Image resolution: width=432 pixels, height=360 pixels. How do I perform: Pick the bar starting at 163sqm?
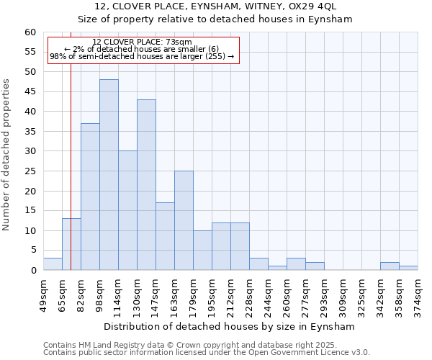click(x=184, y=220)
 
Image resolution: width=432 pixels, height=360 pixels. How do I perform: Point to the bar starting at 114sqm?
click(x=127, y=210)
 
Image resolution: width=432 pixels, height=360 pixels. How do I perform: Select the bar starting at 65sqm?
click(x=71, y=244)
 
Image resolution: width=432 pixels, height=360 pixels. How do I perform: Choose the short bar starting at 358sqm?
click(x=408, y=268)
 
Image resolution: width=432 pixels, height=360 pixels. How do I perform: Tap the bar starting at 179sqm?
click(x=202, y=250)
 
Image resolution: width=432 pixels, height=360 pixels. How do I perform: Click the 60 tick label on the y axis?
click(x=30, y=32)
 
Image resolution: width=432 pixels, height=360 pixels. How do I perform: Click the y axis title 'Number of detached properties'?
click(x=6, y=155)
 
